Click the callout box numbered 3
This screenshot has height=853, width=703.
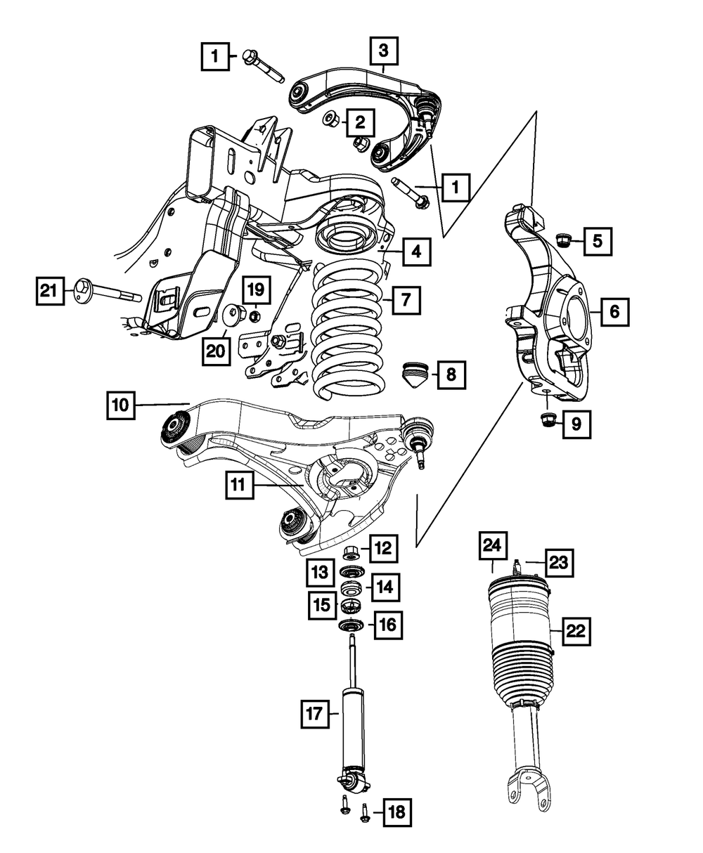(383, 51)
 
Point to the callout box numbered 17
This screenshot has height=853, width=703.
(314, 715)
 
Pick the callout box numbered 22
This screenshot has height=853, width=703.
(576, 630)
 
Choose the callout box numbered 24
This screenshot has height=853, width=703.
(494, 546)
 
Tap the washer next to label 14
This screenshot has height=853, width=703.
(351, 587)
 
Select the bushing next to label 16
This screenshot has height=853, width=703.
(350, 626)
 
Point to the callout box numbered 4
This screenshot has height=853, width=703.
(416, 251)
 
